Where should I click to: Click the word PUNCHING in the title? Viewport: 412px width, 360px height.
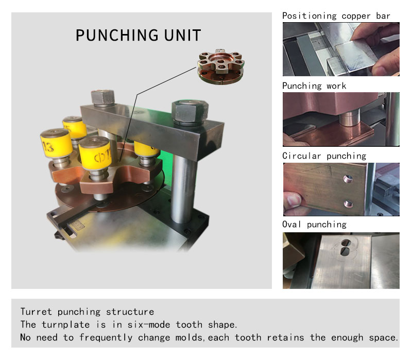click(x=117, y=35)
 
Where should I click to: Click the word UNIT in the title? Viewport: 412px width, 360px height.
click(x=183, y=35)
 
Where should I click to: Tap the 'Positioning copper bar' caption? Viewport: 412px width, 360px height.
click(x=336, y=16)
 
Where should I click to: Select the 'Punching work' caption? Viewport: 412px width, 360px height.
click(x=314, y=86)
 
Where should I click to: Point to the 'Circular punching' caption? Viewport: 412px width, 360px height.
click(x=324, y=156)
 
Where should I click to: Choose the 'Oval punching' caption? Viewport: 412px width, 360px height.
click(x=314, y=225)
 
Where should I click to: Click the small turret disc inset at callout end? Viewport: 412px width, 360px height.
click(x=221, y=67)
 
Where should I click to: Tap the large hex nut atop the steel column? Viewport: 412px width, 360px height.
click(x=190, y=112)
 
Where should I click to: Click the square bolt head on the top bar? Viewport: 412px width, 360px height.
click(x=102, y=98)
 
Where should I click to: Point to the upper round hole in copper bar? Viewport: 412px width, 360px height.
click(x=348, y=179)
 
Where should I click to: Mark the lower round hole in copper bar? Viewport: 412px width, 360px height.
click(x=348, y=203)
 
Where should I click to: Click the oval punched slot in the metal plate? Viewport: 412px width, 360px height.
click(x=346, y=247)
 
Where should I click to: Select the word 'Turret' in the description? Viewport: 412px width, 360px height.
click(x=36, y=312)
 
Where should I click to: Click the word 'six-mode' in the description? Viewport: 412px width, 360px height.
click(x=149, y=325)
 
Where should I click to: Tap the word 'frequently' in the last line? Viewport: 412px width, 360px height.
click(x=106, y=338)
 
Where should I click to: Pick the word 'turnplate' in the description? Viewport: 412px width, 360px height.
click(x=66, y=325)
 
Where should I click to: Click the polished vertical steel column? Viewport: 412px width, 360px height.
click(x=182, y=189)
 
